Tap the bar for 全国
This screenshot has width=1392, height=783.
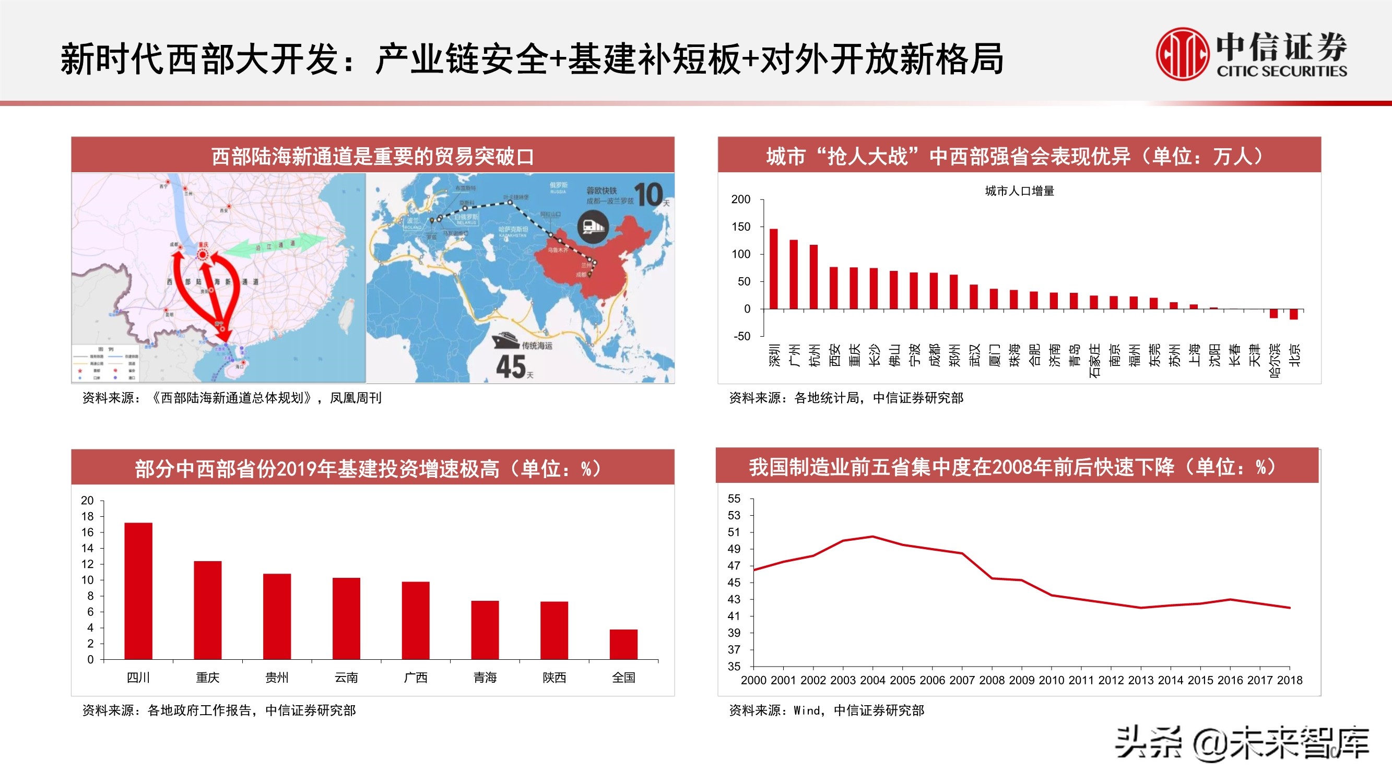[623, 644]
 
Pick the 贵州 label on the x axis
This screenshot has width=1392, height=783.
[277, 678]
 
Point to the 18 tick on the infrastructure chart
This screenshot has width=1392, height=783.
[88, 516]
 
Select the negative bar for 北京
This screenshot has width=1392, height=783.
[1294, 314]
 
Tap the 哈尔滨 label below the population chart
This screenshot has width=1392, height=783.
[1274, 360]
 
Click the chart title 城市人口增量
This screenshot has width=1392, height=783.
[1019, 191]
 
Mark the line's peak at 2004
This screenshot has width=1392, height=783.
[872, 537]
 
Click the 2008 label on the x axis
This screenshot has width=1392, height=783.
[992, 680]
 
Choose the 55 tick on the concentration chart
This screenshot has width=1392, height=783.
[734, 499]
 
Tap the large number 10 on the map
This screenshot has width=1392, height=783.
[648, 194]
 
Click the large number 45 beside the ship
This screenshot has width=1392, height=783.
[511, 366]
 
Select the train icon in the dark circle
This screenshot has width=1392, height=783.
[593, 227]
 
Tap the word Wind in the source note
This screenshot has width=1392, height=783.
[807, 710]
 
